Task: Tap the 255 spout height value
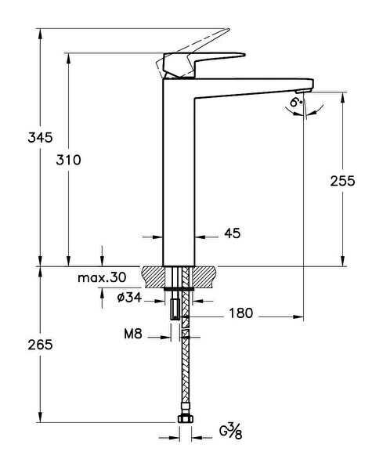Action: pos(342,181)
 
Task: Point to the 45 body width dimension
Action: pos(232,233)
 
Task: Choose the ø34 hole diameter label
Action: pos(128,298)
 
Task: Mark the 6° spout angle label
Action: pos(294,103)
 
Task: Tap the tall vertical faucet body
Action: pos(178,180)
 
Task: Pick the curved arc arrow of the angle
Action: pos(305,112)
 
